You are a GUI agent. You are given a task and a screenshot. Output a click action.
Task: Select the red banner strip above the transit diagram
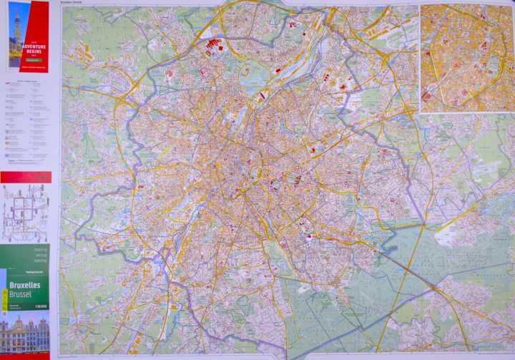point(26,177)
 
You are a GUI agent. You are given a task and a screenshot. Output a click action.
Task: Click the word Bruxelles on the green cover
point(24,286)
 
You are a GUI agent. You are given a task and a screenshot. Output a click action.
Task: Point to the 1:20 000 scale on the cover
point(40,306)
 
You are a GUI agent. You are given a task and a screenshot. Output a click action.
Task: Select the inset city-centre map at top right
point(466,58)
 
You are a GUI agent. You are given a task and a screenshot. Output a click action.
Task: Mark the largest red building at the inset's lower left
point(426,95)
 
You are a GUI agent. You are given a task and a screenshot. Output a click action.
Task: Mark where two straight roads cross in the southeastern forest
point(433,287)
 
